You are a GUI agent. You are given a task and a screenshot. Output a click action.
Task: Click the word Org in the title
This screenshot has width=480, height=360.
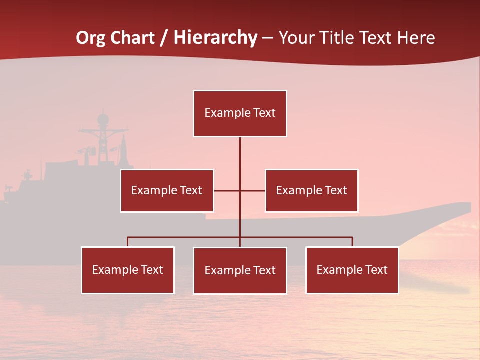[x=90, y=38]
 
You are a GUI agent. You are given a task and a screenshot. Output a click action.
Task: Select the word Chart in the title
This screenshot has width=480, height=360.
[x=131, y=38]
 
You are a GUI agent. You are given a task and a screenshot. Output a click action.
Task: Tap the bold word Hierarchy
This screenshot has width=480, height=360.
[x=215, y=38]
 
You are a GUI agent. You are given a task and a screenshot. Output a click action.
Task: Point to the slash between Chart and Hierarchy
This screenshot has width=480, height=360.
[x=164, y=38]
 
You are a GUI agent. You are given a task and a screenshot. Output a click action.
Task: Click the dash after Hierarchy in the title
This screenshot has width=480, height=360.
[x=267, y=38]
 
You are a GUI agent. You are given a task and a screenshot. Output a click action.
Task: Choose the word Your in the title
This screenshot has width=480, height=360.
[x=296, y=38]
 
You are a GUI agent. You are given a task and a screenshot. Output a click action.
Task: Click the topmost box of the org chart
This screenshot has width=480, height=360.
[x=240, y=113]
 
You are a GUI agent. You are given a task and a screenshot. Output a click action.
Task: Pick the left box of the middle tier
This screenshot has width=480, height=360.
[x=167, y=190]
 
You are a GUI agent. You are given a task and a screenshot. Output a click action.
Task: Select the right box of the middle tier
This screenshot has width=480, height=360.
[x=311, y=190]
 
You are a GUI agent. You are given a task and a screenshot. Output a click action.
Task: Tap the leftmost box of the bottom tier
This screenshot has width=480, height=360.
[x=128, y=270]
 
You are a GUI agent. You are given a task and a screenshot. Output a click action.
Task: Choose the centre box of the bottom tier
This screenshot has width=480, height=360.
[x=240, y=270]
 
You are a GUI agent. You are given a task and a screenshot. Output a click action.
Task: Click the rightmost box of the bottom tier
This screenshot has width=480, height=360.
[x=352, y=270]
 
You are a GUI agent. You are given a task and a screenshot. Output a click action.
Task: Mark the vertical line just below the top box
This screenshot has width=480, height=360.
[x=240, y=150]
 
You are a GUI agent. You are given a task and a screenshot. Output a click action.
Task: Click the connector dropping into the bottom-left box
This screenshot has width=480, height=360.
[x=128, y=242]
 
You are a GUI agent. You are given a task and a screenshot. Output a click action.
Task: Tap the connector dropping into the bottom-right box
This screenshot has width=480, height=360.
[x=352, y=242]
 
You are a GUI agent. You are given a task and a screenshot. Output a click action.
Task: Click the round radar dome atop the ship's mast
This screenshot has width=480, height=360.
[x=103, y=119]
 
